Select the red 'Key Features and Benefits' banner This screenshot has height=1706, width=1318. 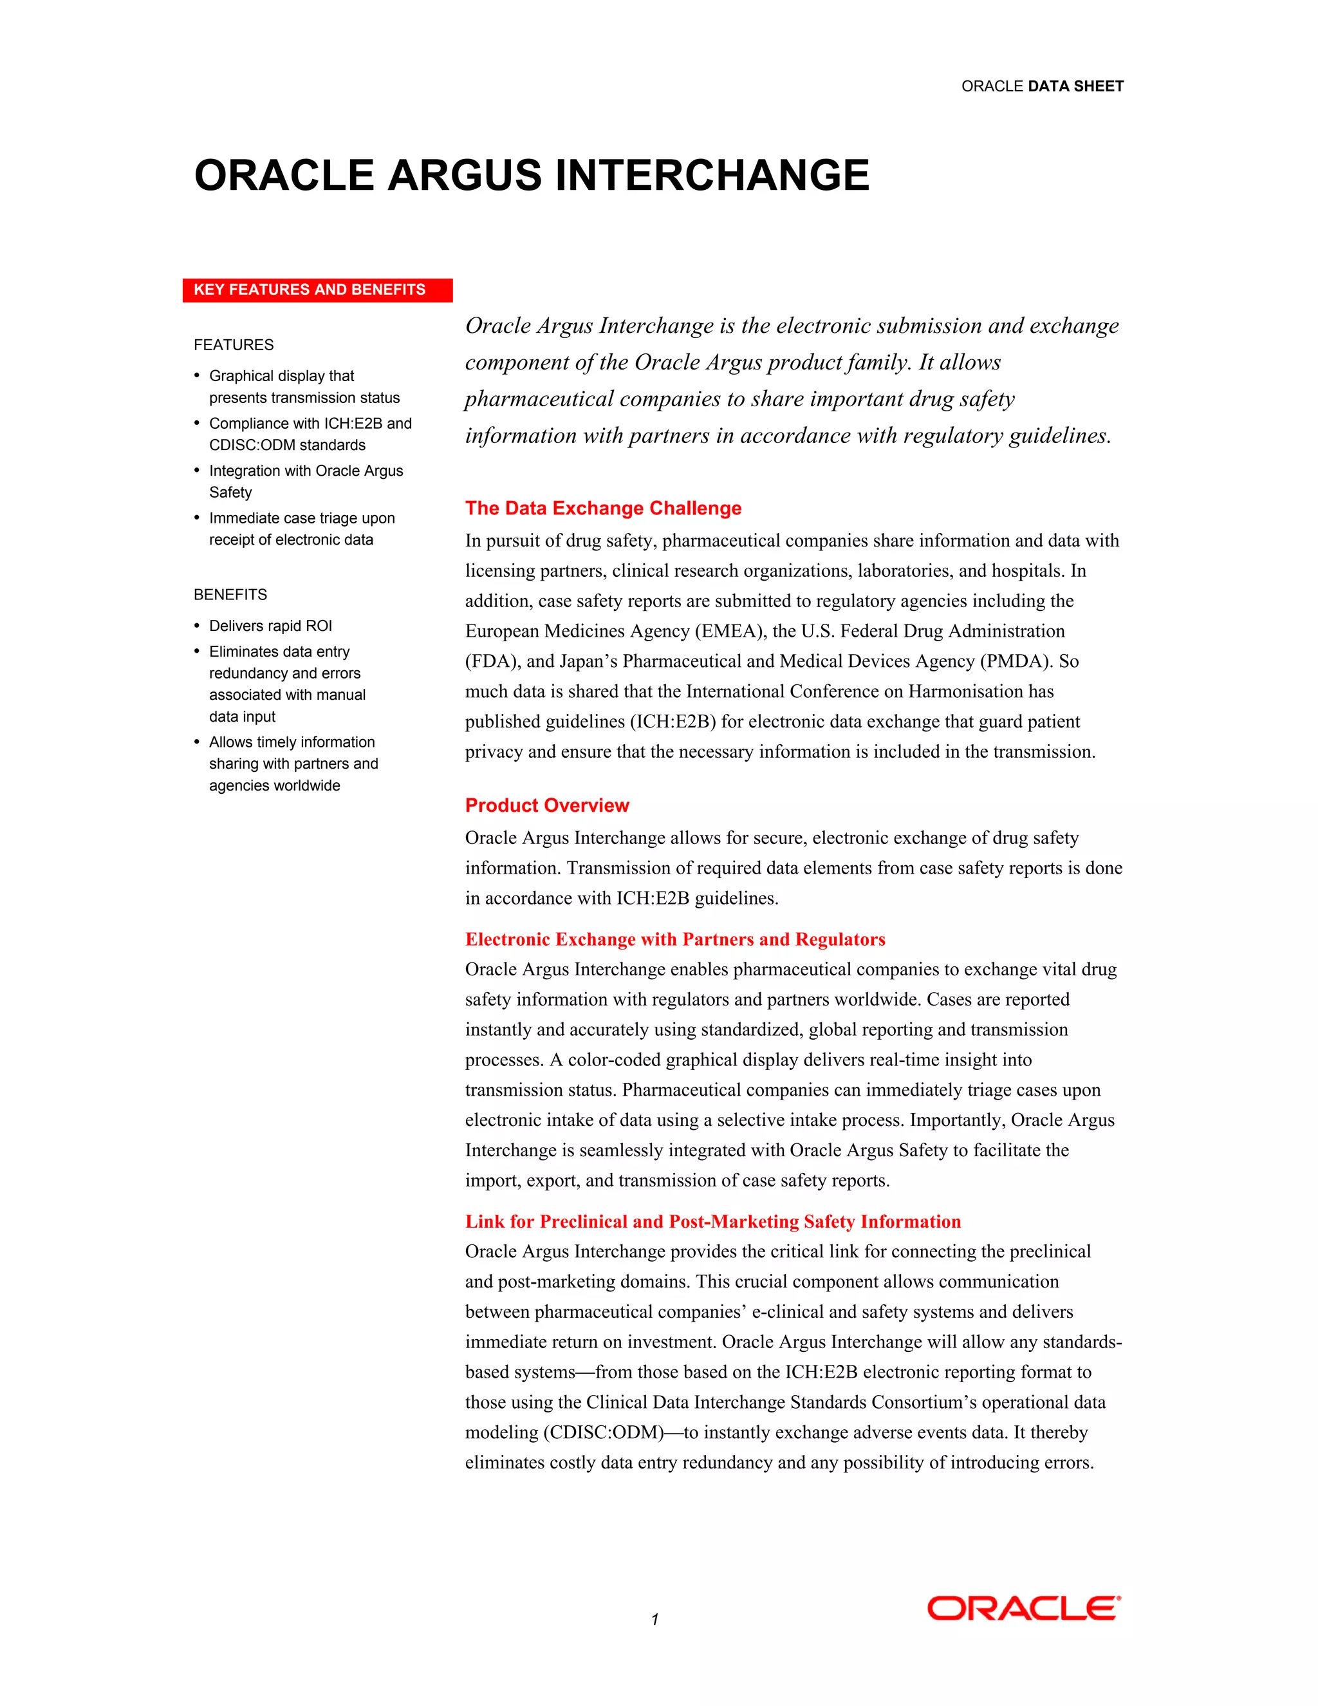coord(317,290)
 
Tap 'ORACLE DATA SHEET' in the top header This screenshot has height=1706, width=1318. coord(1042,86)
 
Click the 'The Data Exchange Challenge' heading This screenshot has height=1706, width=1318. coord(603,508)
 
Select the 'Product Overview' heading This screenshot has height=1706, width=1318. coord(546,805)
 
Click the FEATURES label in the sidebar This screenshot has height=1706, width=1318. coord(234,344)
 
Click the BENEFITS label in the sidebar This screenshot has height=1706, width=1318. coord(230,594)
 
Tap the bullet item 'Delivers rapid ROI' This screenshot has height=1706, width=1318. coord(270,626)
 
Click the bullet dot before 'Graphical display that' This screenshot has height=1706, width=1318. coord(197,376)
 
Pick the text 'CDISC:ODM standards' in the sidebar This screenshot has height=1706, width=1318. coord(286,445)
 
